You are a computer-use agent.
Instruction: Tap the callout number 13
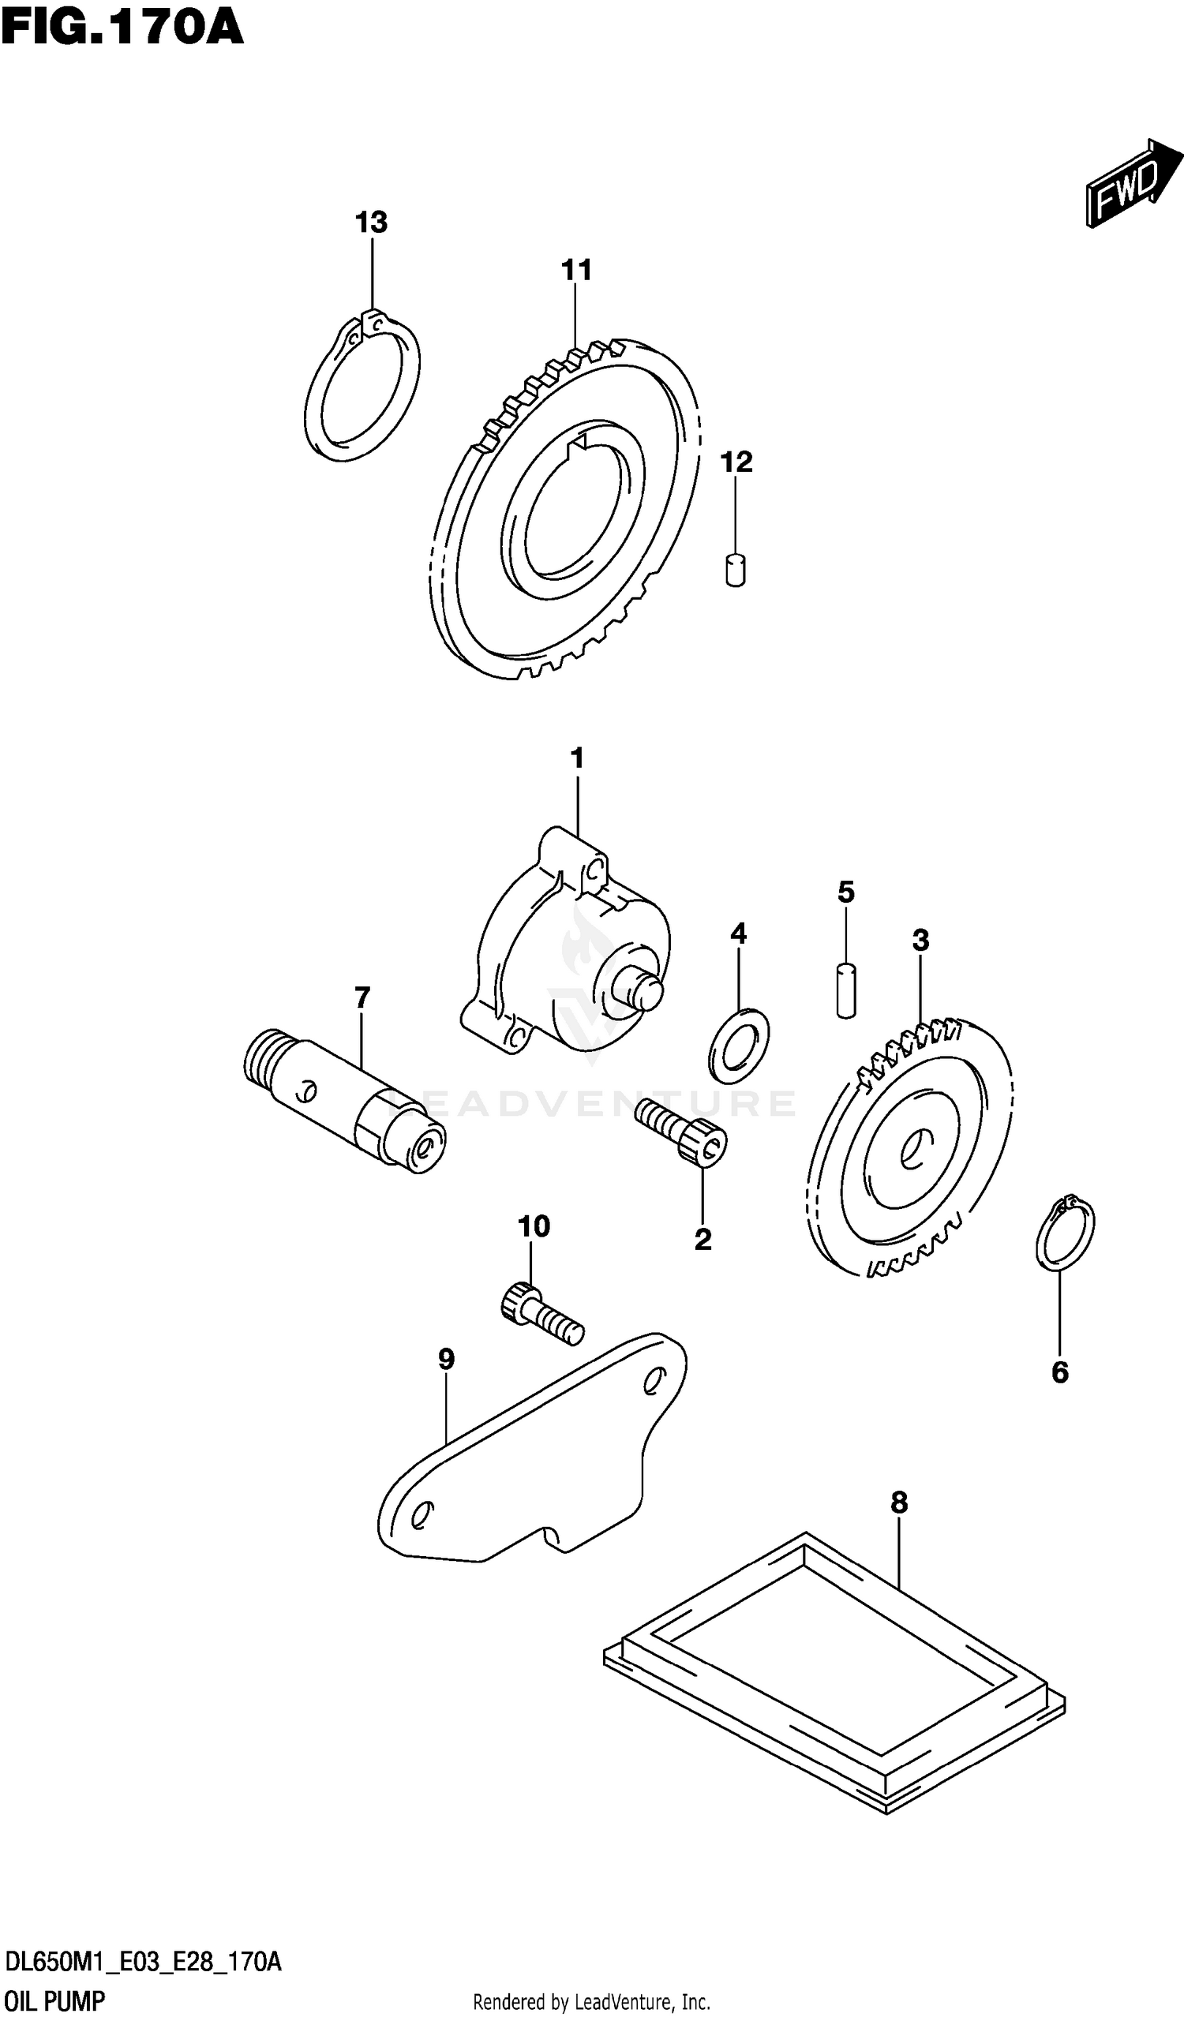pyautogui.click(x=372, y=223)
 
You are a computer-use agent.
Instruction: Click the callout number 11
pyautogui.click(x=576, y=271)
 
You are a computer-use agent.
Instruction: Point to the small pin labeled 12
pyautogui.click(x=735, y=570)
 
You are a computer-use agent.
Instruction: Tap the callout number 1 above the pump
pyautogui.click(x=576, y=758)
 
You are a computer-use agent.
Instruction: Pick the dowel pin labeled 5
pyautogui.click(x=846, y=991)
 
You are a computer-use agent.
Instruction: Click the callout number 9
pyautogui.click(x=446, y=1359)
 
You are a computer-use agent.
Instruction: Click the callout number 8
pyautogui.click(x=899, y=1503)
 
